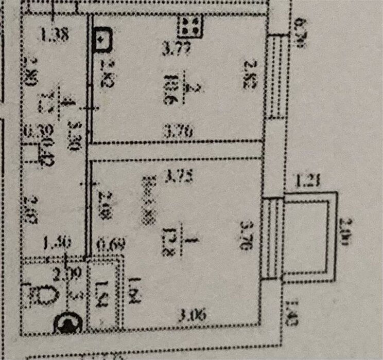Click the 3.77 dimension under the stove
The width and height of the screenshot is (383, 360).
[176, 50]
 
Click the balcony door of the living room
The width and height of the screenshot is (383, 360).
[273, 237]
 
